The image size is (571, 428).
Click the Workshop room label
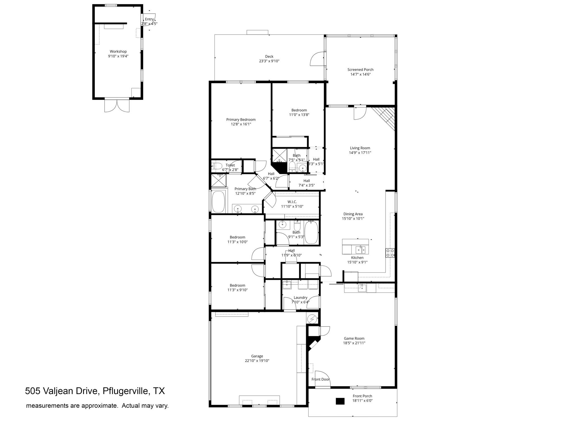[118, 52]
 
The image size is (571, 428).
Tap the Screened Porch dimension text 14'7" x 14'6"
[360, 74]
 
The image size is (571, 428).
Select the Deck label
[269, 57]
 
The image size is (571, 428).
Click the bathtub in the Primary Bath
[218, 201]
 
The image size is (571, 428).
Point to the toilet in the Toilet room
[216, 166]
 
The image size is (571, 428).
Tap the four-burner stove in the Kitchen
[390, 253]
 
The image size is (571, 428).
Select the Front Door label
[320, 379]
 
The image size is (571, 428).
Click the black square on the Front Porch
[340, 401]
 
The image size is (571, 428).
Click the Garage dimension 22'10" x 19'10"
[257, 361]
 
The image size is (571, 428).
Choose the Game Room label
[354, 339]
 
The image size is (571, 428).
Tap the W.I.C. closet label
[292, 202]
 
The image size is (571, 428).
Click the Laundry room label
[300, 298]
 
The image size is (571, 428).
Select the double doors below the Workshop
[117, 105]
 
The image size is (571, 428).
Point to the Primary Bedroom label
[241, 120]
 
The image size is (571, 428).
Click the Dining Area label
[353, 214]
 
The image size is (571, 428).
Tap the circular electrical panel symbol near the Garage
[312, 318]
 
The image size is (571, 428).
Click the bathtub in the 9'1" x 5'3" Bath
[311, 233]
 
